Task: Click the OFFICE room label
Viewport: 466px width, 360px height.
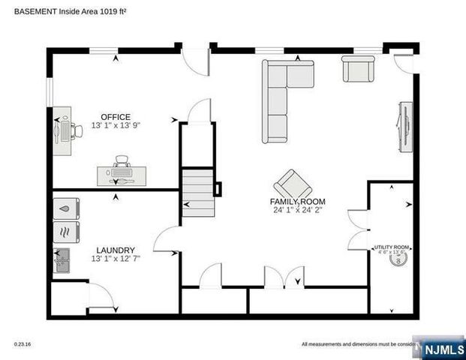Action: (116, 117)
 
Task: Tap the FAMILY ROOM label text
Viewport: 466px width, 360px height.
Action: (298, 202)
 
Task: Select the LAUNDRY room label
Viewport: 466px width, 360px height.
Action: (116, 250)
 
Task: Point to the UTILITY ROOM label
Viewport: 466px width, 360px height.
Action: (392, 247)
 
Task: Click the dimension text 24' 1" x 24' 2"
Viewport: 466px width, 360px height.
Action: (298, 211)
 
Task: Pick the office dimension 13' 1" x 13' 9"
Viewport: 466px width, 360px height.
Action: (116, 125)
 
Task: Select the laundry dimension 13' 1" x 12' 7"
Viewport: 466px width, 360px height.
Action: (116, 259)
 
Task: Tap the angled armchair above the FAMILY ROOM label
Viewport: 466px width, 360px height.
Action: (292, 184)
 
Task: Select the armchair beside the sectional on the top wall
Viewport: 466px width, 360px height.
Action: (359, 69)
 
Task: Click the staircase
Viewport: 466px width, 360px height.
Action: (197, 193)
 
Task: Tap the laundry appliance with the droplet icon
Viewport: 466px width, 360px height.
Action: (65, 208)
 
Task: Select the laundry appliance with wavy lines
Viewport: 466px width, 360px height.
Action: (65, 232)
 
